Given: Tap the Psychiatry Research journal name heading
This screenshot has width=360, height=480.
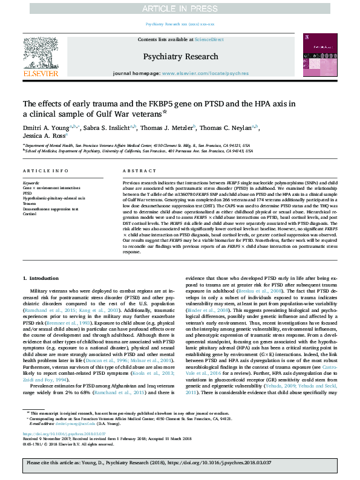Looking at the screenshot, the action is click(x=180, y=56).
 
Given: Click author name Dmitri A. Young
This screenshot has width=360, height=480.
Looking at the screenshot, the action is click(x=46, y=128).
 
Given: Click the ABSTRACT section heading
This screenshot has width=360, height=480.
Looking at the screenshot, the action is click(x=136, y=172).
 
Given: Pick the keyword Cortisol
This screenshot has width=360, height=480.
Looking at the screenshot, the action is click(x=30, y=213).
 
